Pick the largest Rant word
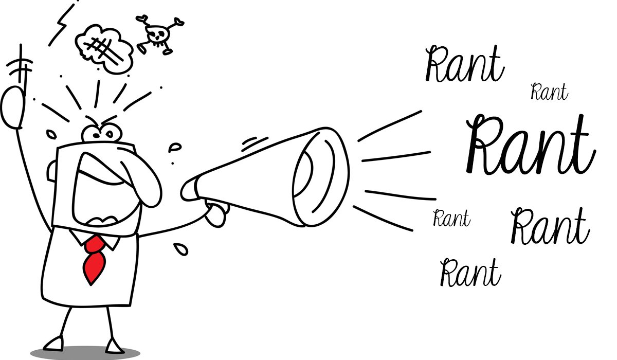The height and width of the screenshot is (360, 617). point(530,147)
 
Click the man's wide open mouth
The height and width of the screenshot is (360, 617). point(105,193)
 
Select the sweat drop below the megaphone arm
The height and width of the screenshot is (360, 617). point(180,249)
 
